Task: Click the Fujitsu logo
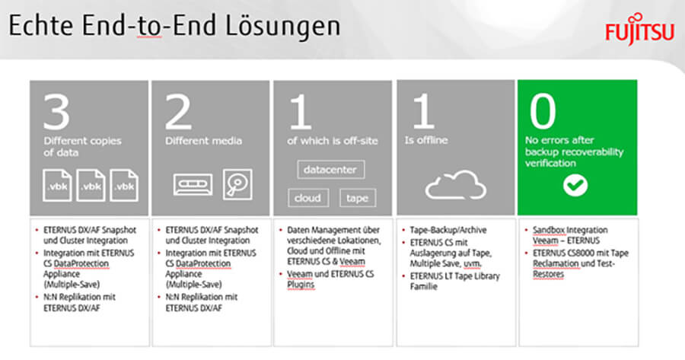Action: click(x=639, y=29)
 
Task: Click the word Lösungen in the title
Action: click(x=282, y=26)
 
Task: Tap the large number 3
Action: click(x=57, y=112)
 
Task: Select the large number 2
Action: click(x=178, y=112)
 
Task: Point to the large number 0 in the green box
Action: click(x=543, y=111)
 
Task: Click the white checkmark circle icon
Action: click(x=575, y=185)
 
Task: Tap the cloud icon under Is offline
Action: click(x=456, y=185)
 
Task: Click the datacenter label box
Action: click(x=331, y=170)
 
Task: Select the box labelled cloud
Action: click(x=308, y=198)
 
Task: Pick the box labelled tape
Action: click(x=358, y=198)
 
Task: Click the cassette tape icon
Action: click(x=193, y=184)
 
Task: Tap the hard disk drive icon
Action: click(x=237, y=184)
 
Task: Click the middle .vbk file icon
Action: click(x=91, y=185)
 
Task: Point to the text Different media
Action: click(x=203, y=141)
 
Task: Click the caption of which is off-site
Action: click(x=333, y=141)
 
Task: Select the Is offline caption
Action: click(x=426, y=140)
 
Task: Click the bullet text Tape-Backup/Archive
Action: click(x=448, y=230)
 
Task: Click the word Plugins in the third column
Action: click(x=301, y=285)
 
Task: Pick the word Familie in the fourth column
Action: click(x=423, y=287)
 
